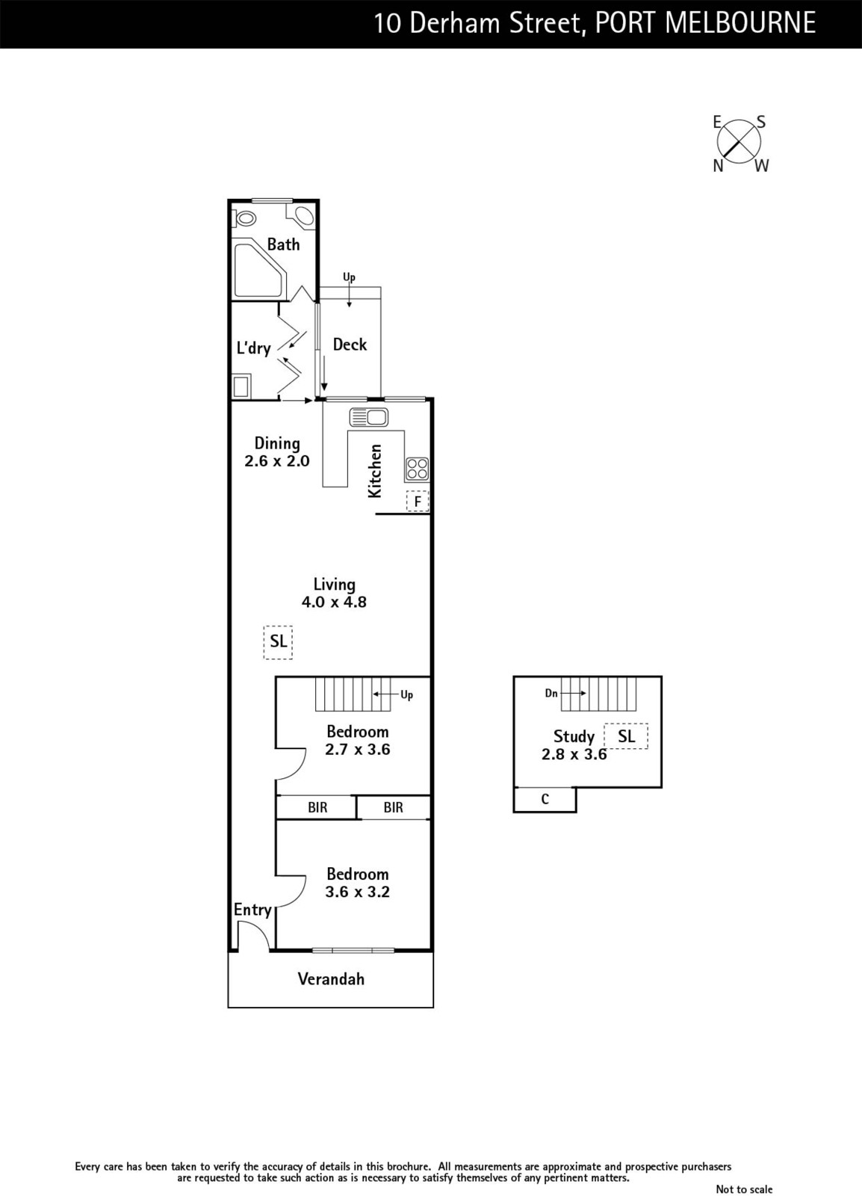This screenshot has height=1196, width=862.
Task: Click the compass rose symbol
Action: [x=739, y=143]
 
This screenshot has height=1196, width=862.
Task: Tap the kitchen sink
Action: [x=368, y=417]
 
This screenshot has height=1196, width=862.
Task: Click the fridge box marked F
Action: [x=418, y=502]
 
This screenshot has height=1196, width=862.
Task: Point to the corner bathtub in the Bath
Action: [x=261, y=270]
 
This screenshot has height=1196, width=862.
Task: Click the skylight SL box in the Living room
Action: [x=278, y=642]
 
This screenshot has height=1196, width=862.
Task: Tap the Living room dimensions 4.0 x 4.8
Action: [x=334, y=602]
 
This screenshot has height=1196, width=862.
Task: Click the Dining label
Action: [x=277, y=444]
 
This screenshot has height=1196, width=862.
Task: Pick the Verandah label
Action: [x=331, y=978]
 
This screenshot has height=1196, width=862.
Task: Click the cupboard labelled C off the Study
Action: [x=545, y=799]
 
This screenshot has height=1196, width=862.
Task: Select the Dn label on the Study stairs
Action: [x=551, y=693]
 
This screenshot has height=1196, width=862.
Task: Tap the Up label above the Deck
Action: [x=349, y=277]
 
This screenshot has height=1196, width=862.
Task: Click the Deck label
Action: [x=350, y=345]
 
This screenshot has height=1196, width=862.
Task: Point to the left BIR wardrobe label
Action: [x=317, y=807]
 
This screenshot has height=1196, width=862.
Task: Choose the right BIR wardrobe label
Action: [x=393, y=807]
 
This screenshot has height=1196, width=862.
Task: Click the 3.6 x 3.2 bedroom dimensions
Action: [x=357, y=892]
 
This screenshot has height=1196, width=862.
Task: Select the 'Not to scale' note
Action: [x=744, y=1189]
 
